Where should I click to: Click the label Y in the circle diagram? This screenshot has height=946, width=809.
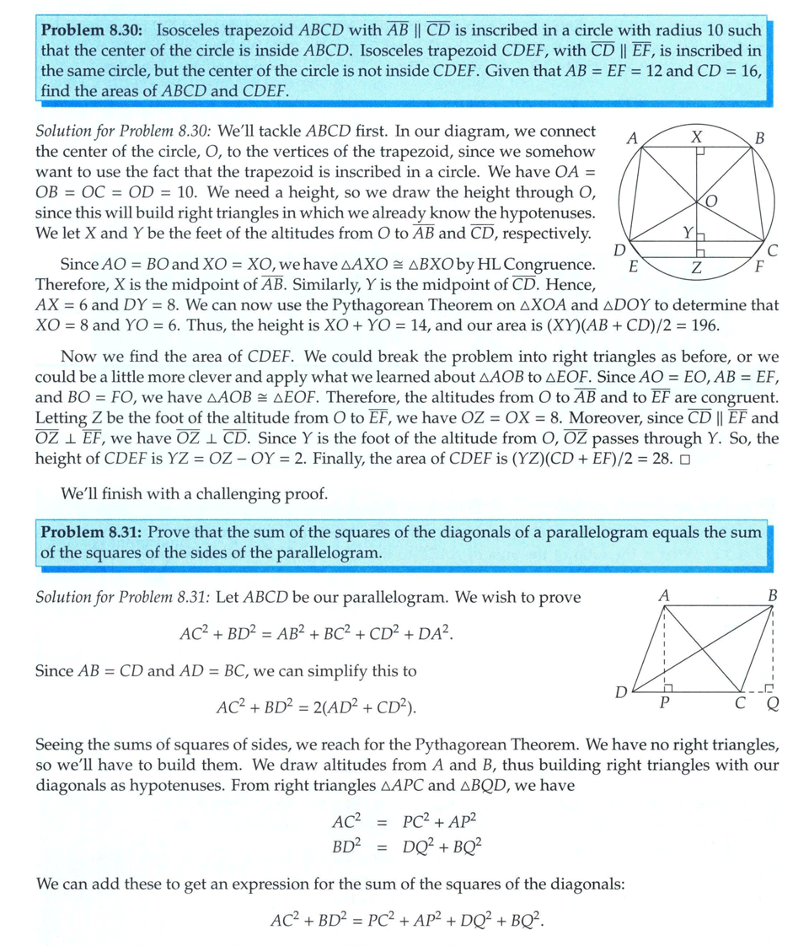[688, 232]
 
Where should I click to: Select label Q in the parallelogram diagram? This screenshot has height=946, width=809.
[772, 707]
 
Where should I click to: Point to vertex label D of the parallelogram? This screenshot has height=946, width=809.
[621, 693]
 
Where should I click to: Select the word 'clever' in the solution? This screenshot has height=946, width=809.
[202, 378]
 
